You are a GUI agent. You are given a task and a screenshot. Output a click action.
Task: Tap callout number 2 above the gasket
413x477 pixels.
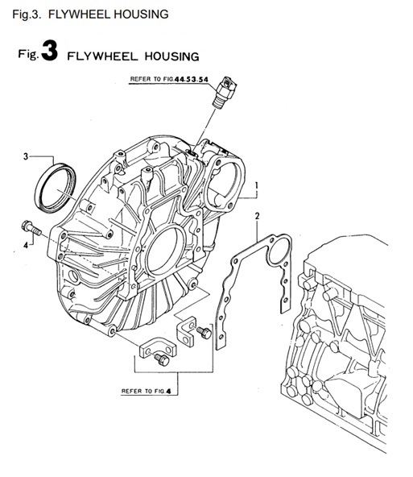[x=257, y=216]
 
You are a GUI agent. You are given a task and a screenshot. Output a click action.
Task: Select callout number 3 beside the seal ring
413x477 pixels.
[x=25, y=155]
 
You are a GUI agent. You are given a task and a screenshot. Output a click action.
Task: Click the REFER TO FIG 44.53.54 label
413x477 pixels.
[x=168, y=79]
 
